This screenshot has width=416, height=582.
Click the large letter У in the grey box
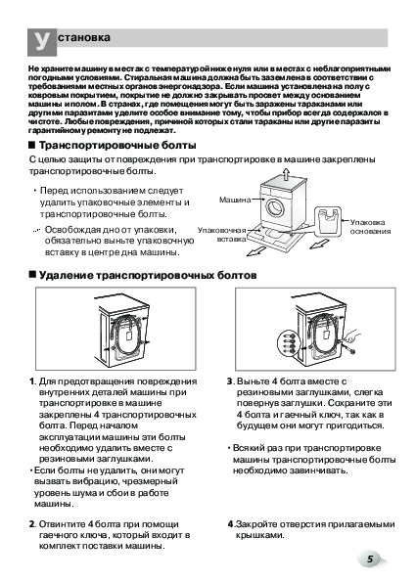[x=41, y=41]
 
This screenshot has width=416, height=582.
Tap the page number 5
[x=370, y=559]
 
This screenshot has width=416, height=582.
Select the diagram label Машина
[x=235, y=201]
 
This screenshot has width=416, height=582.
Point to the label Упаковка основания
[x=370, y=227]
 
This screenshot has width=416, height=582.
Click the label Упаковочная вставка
[x=222, y=235]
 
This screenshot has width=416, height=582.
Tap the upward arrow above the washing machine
[x=285, y=174]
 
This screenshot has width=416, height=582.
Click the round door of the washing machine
[x=275, y=207]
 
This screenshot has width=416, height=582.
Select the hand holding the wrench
[x=351, y=336]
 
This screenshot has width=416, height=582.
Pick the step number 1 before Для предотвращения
[x=31, y=381]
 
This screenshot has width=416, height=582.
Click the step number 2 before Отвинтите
[x=32, y=524]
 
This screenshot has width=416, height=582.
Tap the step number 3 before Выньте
[x=230, y=381]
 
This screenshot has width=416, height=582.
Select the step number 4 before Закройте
[x=230, y=524]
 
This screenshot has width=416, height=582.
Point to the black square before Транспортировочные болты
[x=32, y=145]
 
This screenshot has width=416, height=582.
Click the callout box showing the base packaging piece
[x=328, y=220]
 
